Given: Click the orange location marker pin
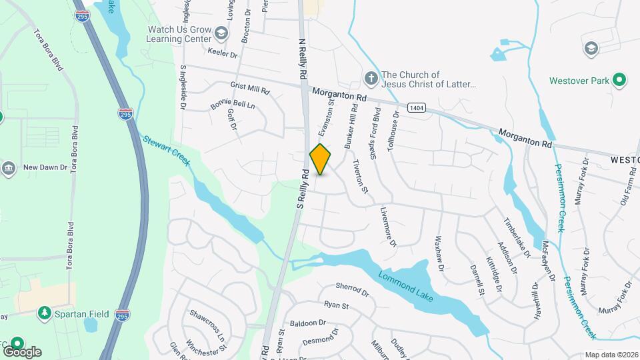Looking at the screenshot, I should coord(321,159).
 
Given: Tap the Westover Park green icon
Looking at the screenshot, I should coord(620,81).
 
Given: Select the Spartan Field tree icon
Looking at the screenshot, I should coord(45,312).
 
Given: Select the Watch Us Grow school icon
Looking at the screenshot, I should coord(221,31).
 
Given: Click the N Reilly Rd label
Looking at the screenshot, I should coord(302,56).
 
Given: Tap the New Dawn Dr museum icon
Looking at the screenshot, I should coord(9,167).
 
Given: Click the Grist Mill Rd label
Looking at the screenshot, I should coord(250,88).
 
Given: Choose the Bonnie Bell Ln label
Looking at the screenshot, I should coord(233,105).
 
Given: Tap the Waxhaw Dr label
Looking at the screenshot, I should coord(439,253).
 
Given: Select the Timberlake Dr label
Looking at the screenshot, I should coord(517,236).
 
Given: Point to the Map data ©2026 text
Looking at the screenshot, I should coord(611,355).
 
